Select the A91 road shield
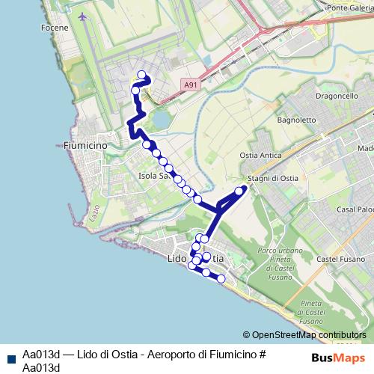pos(191,86)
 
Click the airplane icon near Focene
pos(82,14)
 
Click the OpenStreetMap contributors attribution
pos(307,335)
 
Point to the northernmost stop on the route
pos(141,74)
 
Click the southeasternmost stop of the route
pos(221,278)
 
